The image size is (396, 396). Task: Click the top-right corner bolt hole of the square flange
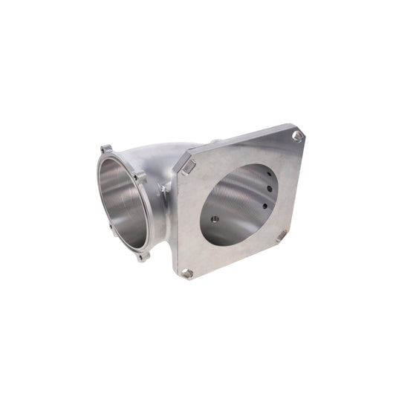coord(296,135)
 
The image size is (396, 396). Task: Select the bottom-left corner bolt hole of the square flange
coord(188,273)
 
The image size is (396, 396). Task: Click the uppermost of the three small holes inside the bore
coord(264,177)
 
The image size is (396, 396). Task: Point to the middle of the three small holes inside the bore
coord(265,192)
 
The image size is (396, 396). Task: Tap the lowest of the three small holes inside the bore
coord(265,205)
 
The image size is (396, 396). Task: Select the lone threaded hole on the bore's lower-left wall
coord(215,218)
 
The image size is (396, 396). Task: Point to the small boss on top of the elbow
coord(213,141)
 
